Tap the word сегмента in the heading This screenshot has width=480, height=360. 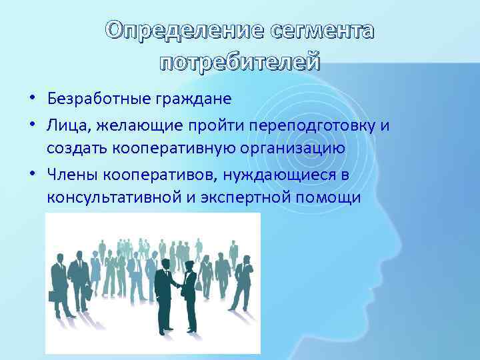[x=323, y=31]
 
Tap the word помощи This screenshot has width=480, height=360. [x=335, y=198]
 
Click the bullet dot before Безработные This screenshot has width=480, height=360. [x=32, y=99]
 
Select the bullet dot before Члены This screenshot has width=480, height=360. [x=32, y=173]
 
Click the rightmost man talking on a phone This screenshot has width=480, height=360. [x=242, y=280]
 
